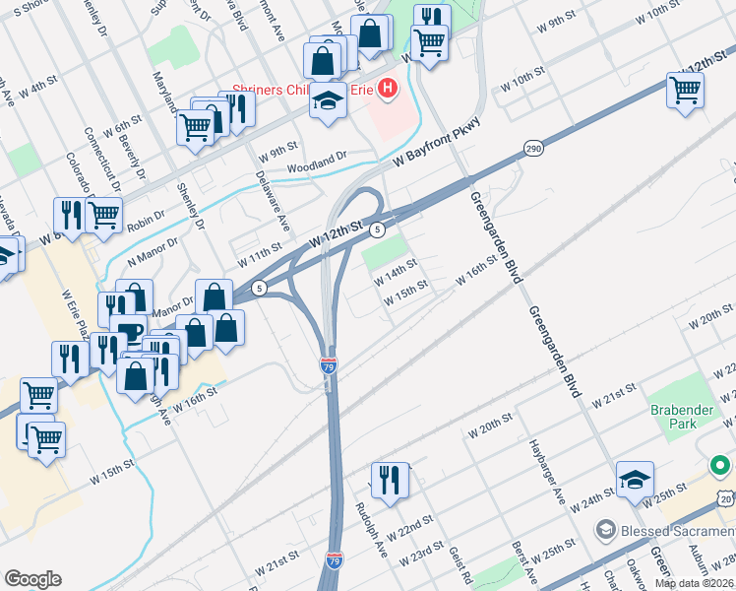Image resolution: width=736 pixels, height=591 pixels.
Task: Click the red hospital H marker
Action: (x=388, y=90)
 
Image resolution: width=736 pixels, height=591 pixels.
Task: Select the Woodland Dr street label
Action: (x=317, y=163)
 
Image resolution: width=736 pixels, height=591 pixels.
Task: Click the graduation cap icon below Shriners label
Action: (x=329, y=101)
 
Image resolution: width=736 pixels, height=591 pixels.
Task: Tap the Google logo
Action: (x=32, y=578)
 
